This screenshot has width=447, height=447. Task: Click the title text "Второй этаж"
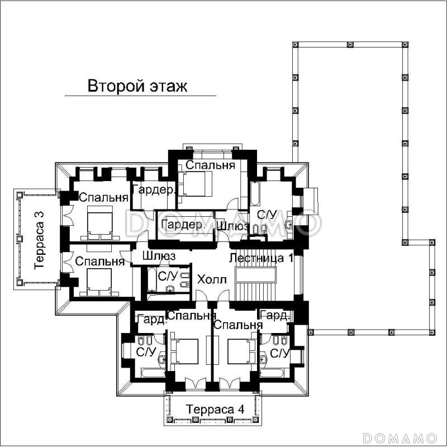point(137,87)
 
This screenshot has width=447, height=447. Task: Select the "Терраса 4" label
point(216,409)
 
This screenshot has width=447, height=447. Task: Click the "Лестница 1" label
point(261,258)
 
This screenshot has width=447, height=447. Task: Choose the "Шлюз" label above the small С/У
point(159,255)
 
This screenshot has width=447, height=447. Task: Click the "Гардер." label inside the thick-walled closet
point(181,224)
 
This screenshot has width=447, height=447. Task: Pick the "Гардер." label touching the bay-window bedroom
point(154,190)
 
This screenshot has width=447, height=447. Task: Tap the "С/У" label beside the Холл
point(168,275)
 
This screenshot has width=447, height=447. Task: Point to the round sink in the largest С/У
point(288,225)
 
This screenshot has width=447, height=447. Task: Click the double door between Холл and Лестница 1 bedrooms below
point(212,305)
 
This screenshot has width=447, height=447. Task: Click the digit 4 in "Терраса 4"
point(241,409)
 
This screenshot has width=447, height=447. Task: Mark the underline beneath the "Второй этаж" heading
point(140,97)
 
